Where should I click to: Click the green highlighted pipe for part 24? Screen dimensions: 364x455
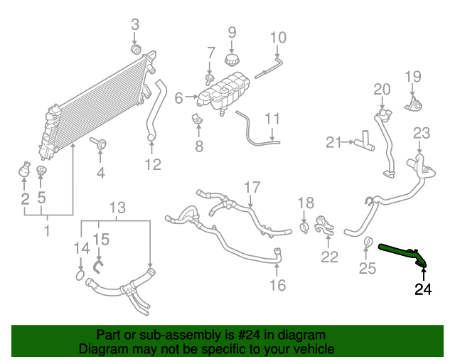click(401, 253)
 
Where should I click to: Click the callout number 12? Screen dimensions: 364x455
click(151, 164)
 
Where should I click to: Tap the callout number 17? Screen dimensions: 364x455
click(253, 187)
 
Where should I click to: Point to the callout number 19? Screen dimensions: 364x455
click(413, 77)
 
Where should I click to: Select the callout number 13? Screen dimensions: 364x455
click(117, 208)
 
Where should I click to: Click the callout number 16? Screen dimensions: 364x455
click(277, 285)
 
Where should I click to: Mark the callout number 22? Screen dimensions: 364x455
click(329, 257)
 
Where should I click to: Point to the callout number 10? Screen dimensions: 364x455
click(277, 36)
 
